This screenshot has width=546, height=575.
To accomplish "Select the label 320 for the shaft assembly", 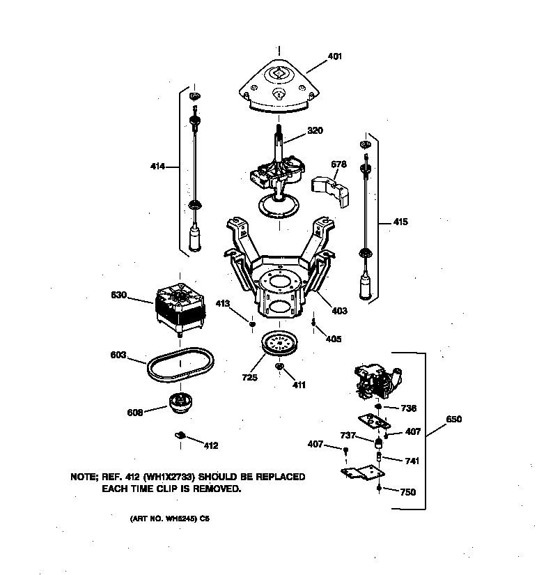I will pos(314,130).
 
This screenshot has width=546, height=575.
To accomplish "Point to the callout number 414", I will pos(158,167).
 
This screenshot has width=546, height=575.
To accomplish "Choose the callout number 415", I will pos(400,222).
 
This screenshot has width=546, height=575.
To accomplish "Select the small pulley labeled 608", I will pos(180,403).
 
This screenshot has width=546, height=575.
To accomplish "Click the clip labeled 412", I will pos(179,436).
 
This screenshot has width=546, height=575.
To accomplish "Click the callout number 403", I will pos(339,311).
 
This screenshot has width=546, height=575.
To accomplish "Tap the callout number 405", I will pos(334,339).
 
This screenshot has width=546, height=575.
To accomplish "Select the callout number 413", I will pos(242,303).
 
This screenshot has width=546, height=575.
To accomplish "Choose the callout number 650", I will pos(453,420).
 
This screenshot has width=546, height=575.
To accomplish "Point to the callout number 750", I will pos(407,492).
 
